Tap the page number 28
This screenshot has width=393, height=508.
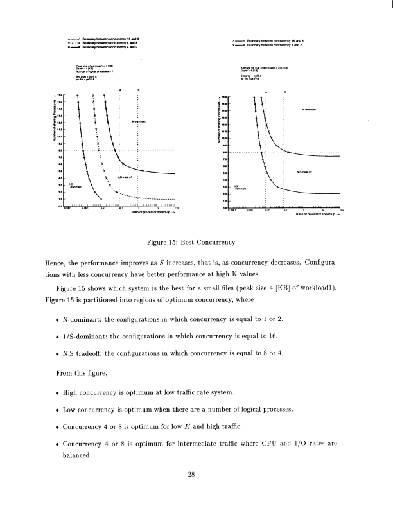point(191,475)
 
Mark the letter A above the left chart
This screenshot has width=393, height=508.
point(120,89)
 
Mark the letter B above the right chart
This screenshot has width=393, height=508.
point(284,91)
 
